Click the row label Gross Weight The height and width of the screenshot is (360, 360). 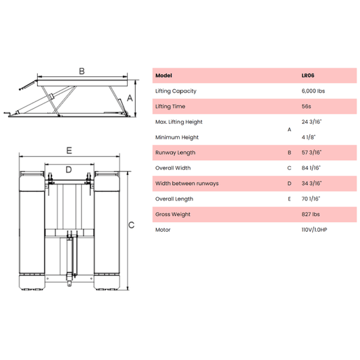click(172, 215)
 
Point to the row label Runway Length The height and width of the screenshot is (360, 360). click(174, 153)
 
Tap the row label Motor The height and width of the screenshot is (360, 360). click(163, 230)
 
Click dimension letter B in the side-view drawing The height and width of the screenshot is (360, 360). click(82, 71)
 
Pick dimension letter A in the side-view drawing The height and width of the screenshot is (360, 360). click(131, 97)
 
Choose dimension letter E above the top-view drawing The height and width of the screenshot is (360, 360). click(70, 150)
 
